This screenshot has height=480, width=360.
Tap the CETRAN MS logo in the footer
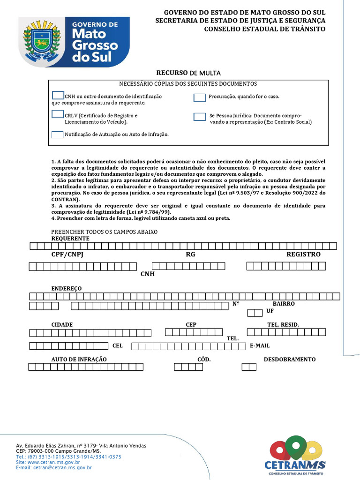[x=295, y=457]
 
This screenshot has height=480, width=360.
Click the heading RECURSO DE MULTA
[x=188, y=73]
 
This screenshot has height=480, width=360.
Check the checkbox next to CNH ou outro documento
[x=58, y=96]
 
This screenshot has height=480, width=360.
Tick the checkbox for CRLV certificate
[x=58, y=114]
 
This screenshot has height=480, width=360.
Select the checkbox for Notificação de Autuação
[x=57, y=135]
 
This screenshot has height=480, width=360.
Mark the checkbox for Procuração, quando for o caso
[x=200, y=97]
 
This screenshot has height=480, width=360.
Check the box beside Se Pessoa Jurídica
[x=200, y=117]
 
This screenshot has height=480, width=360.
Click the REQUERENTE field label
[x=70, y=238]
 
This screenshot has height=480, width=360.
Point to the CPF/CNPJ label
[x=67, y=255]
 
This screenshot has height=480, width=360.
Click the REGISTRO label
[x=303, y=255]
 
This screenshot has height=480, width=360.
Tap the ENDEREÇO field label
[x=66, y=288]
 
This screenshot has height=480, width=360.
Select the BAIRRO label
[x=284, y=304]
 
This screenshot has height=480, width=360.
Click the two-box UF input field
[x=255, y=313]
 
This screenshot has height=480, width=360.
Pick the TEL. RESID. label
[x=283, y=324]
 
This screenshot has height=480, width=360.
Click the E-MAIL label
[x=260, y=346]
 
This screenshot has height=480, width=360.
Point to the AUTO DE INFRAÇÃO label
[x=79, y=360]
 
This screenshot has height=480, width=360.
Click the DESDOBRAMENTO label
[x=289, y=360]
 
